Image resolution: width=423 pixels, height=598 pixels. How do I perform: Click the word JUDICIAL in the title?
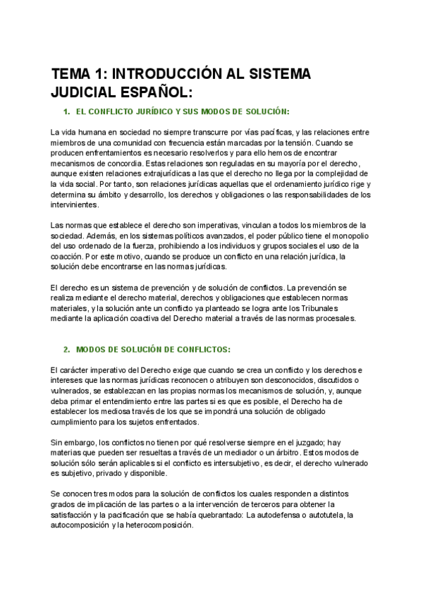tap(80, 92)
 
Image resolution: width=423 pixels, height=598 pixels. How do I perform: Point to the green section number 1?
tap(66, 111)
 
